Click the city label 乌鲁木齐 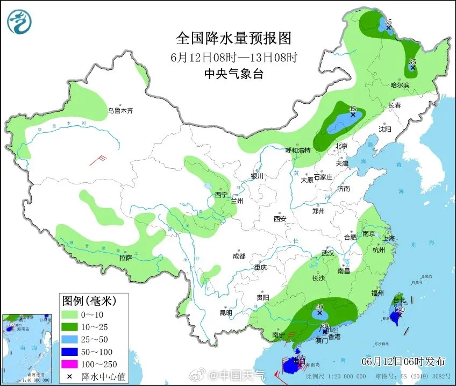[119, 111]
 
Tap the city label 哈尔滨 [400, 85]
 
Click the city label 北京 [342, 146]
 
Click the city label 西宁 [222, 195]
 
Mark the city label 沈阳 [384, 129]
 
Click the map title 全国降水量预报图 [233, 39]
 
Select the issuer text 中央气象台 [233, 75]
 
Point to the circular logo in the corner [19, 22]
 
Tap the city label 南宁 [278, 335]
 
